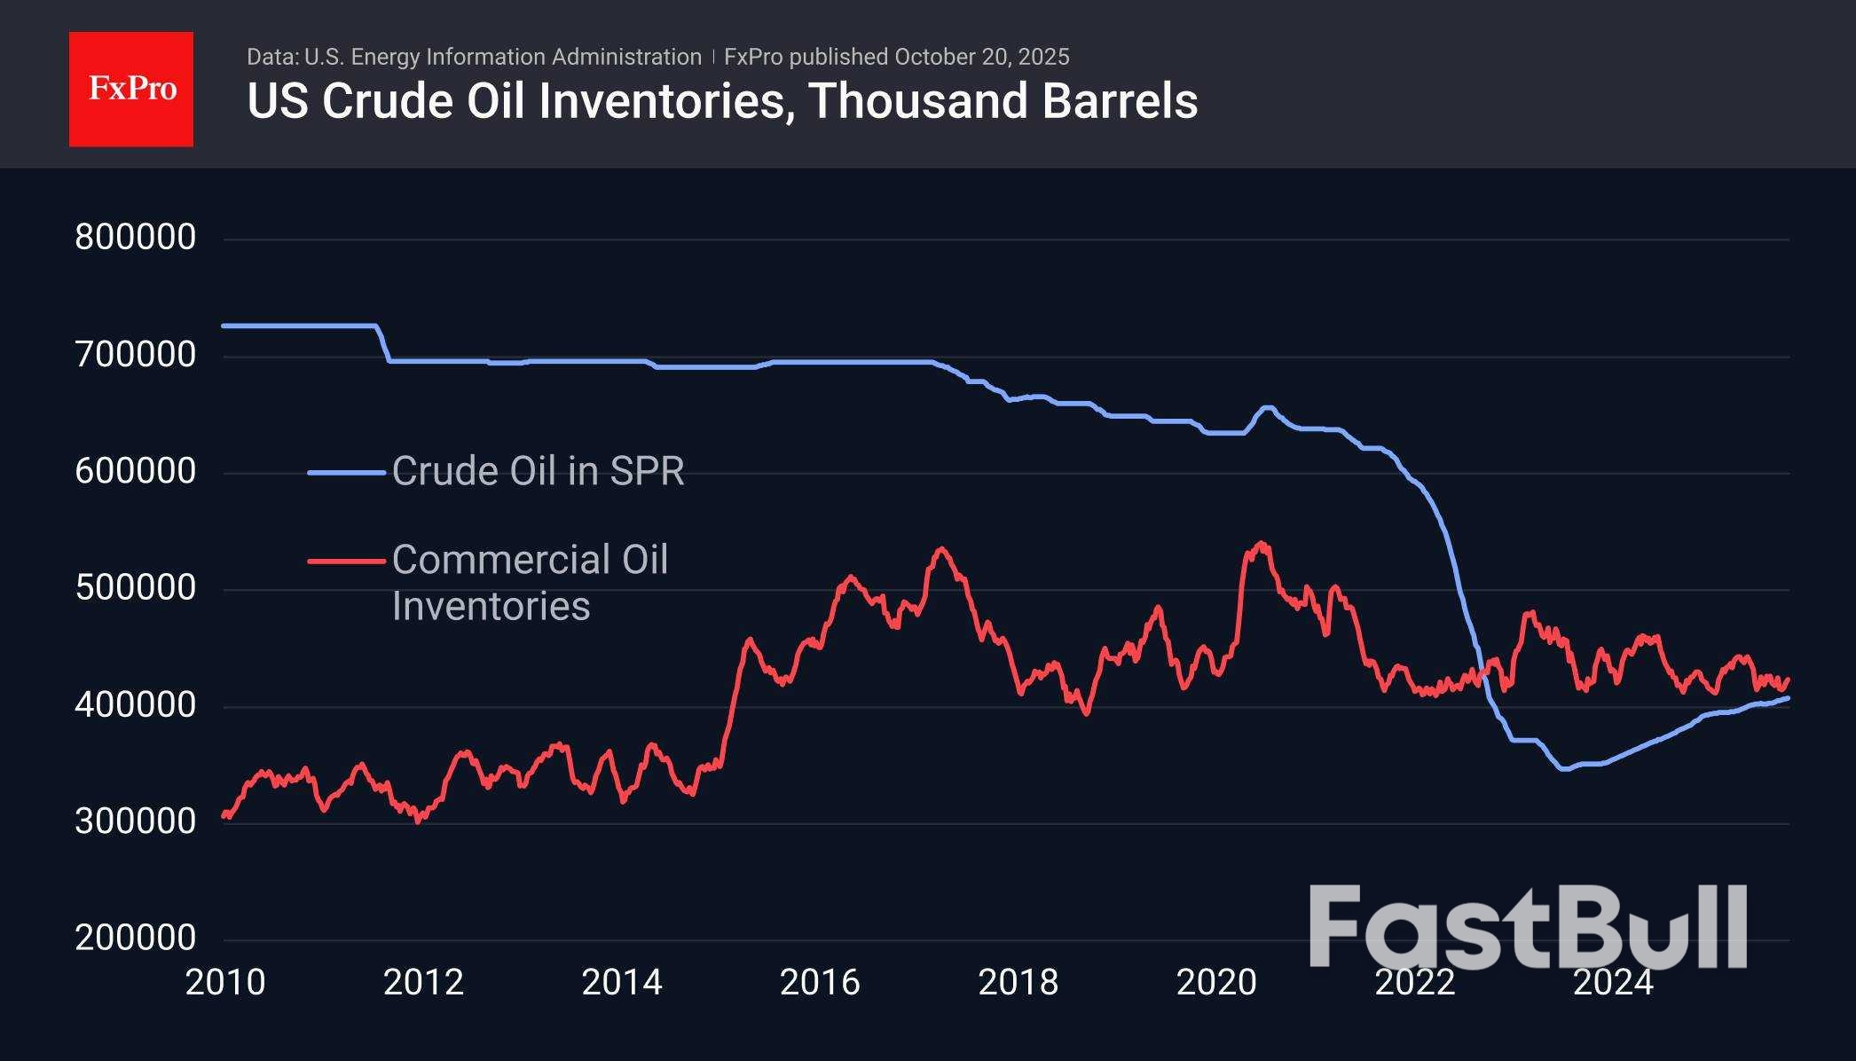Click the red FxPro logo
(x=131, y=89)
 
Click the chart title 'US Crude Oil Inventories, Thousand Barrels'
(x=722, y=101)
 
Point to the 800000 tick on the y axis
(x=136, y=238)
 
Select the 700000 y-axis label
(x=136, y=355)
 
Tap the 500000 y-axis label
(x=136, y=588)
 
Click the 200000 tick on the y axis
(x=136, y=938)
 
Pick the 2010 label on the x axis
(x=225, y=982)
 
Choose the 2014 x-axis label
(x=622, y=982)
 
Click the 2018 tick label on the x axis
(x=1018, y=982)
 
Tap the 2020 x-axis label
(x=1216, y=982)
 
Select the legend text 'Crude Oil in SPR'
(x=539, y=471)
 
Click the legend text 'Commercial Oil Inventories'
(x=530, y=583)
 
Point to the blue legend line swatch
(x=346, y=473)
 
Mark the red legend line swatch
(x=346, y=561)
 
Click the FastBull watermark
(x=1528, y=927)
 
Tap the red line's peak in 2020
(x=1261, y=543)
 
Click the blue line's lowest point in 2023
(x=1564, y=769)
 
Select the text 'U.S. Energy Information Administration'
(x=503, y=57)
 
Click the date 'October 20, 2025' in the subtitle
(x=982, y=57)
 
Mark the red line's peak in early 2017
(x=941, y=548)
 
